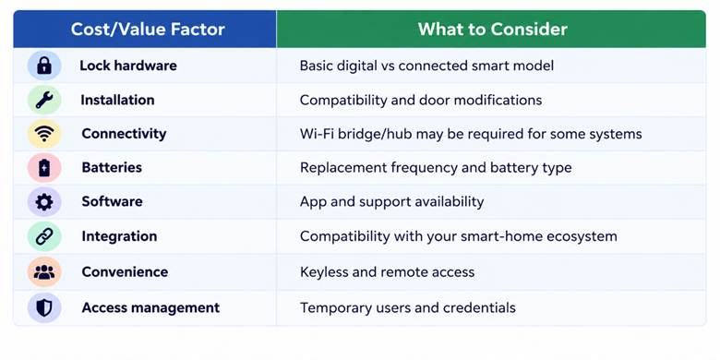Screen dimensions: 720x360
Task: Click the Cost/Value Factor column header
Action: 148,30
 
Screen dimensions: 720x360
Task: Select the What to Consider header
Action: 492,30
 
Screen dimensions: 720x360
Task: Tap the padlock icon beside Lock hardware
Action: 44,66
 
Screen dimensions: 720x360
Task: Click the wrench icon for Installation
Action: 44,100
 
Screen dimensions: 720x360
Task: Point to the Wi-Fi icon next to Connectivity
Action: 44,134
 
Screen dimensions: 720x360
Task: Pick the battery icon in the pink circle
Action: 44,168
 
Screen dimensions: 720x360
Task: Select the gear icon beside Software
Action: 44,202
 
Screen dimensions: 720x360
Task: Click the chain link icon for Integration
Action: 44,236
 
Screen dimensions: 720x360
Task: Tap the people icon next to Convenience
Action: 44,271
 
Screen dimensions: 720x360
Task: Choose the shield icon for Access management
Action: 44,307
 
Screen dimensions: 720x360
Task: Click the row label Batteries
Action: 112,167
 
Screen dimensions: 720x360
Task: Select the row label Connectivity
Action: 124,134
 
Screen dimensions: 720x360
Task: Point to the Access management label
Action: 150,307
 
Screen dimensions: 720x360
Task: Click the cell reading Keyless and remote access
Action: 387,271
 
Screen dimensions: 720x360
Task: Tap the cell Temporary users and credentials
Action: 408,307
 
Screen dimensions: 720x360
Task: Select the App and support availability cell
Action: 391,202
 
